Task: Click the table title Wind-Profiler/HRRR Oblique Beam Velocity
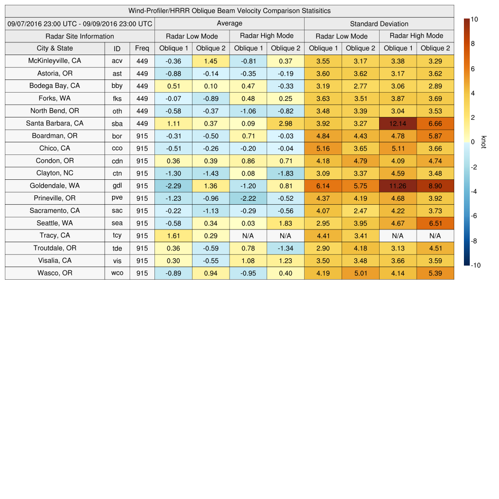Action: click(230, 11)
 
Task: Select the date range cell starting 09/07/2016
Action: click(80, 23)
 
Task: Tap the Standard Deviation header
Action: click(379, 23)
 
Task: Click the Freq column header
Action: click(142, 48)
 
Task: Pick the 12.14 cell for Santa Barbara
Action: click(398, 123)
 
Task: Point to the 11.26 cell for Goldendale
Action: click(398, 186)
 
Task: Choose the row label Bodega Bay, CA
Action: click(55, 86)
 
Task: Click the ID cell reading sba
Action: click(117, 123)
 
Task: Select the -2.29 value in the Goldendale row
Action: click(173, 186)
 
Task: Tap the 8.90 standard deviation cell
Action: click(435, 186)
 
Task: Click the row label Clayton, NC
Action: click(55, 173)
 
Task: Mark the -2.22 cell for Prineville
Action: click(248, 198)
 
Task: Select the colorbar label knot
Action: click(483, 142)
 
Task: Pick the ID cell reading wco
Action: click(117, 273)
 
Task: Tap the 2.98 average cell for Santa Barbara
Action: click(286, 123)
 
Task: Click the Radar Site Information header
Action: click(80, 36)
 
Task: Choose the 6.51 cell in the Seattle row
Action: click(435, 223)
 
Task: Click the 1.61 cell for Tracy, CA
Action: click(173, 235)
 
